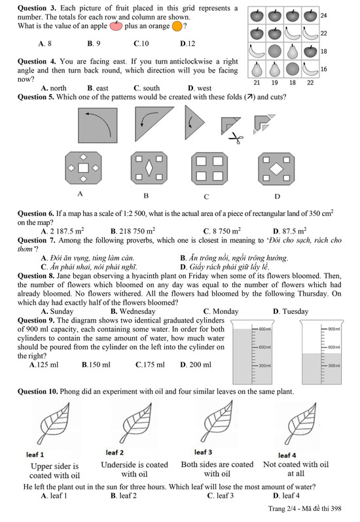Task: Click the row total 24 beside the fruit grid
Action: coord(324,15)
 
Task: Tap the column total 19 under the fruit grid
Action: coord(274,82)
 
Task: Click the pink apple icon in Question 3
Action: coord(116,26)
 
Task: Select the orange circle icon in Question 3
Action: coord(177,26)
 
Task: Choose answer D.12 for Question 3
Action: coord(187,44)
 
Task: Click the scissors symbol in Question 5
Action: coord(236,137)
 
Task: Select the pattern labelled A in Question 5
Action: coord(83,167)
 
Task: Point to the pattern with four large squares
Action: coord(209,169)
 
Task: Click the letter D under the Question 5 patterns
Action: coord(278,196)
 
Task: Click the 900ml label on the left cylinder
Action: coord(265,329)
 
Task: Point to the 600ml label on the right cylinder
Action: coord(334,347)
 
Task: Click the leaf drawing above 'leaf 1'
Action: coord(54,423)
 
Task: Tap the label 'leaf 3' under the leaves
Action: coord(203,452)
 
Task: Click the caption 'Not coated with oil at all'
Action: coord(296,469)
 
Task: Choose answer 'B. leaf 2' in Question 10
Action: coord(123,495)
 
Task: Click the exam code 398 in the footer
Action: coord(336,508)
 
